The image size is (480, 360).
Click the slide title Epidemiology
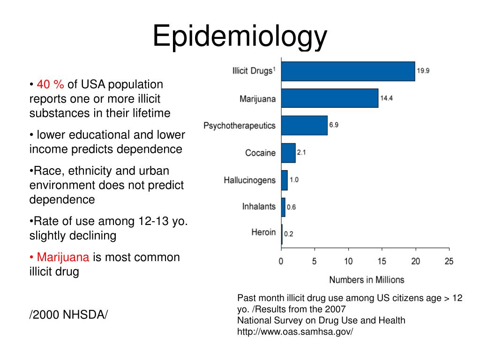pos(240,36)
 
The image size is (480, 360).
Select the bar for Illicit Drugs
pos(348,71)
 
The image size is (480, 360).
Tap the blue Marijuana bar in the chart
pos(330,98)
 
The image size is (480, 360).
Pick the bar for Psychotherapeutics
pos(304,125)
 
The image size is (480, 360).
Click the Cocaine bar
pos(288,153)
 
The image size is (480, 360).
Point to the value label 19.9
pos(423,71)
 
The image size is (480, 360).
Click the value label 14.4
pos(386,98)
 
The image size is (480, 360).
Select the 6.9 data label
pos(334,125)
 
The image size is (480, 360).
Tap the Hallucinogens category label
pos(249,180)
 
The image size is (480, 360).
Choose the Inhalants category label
pos(259,206)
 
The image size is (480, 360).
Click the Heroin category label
pos(263,232)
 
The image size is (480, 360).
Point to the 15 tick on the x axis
pos(382,262)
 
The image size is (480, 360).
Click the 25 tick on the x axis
pos(449,262)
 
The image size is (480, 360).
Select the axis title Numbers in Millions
pos(366,279)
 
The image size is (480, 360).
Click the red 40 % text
pos(51,84)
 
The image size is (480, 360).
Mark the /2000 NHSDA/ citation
pos(68,315)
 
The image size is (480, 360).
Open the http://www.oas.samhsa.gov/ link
pos(295,332)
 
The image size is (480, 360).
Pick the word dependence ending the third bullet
pos(62,199)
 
